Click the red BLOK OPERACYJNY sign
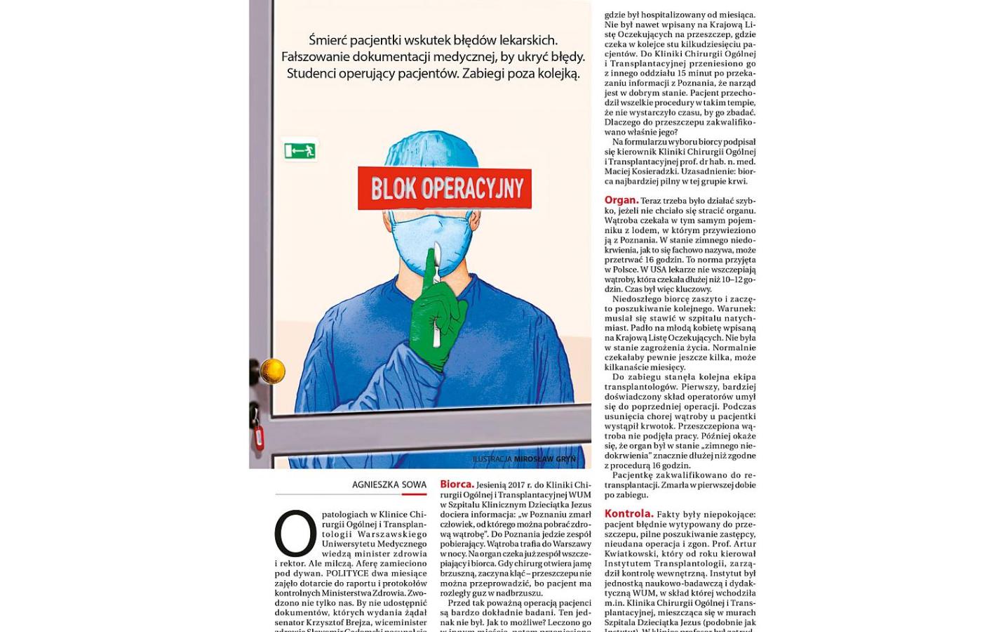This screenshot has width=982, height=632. pos(445,188)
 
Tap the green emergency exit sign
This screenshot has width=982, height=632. pos(300,150)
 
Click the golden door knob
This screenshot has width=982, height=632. pos(272,371)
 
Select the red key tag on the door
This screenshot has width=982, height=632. pos(258,437)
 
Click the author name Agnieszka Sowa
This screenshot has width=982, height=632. pos(389,485)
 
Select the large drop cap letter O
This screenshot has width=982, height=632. pos(295,533)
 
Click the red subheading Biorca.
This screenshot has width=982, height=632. pos(457,484)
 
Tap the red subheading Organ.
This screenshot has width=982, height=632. pos(621,200)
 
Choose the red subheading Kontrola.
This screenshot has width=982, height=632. pos(628,514)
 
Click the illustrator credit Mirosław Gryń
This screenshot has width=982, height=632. pos(544,459)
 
